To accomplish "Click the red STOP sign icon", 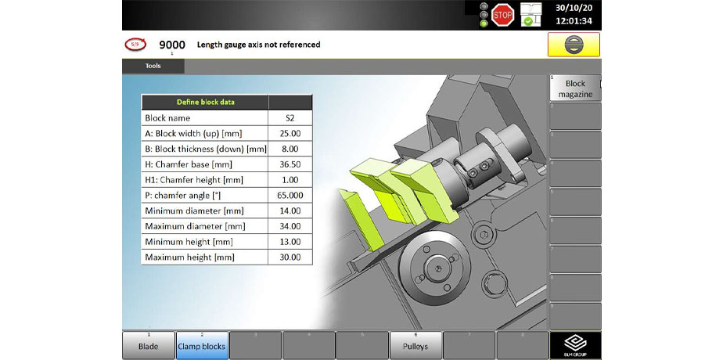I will [503, 13].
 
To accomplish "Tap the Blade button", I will [148, 345].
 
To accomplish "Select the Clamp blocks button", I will [201, 345].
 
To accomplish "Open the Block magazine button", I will [575, 88].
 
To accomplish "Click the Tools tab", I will [153, 66].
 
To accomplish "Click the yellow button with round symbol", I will [574, 45].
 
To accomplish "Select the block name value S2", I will [290, 117].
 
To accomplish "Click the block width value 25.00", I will [290, 133].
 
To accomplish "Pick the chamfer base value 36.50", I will [290, 164].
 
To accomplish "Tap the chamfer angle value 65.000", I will [290, 195].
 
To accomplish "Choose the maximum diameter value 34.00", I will [290, 226].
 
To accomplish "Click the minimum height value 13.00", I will [290, 241].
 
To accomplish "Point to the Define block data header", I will [204, 102].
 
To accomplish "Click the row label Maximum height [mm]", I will [189, 257].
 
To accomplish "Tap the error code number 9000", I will [172, 45].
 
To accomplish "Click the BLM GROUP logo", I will [575, 345].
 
